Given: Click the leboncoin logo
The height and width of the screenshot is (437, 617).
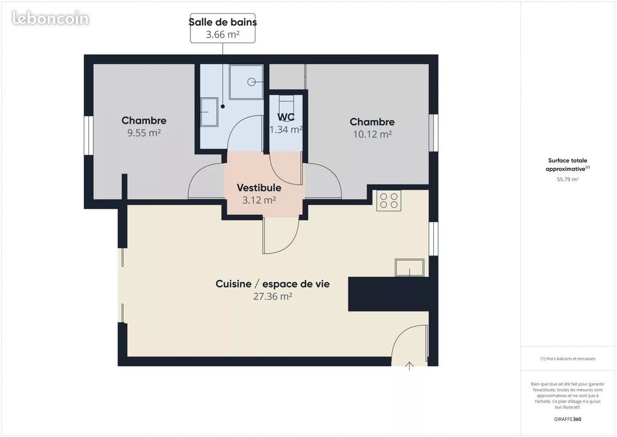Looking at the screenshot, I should point(50,18).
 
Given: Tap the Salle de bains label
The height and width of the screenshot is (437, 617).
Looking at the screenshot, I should point(223,22).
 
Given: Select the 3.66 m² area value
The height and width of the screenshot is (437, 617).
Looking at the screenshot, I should point(223,35).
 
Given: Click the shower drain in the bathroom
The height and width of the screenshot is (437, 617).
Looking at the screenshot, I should point(251,82).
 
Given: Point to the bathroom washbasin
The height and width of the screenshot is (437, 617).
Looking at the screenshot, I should point(209,112).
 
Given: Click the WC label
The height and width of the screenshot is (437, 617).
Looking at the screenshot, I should point(286,117).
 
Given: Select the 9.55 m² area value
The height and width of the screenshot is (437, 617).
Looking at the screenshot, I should point(144,133).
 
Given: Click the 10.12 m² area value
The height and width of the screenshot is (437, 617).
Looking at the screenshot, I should point(372,134).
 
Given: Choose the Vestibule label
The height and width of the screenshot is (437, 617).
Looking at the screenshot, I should point(259,188).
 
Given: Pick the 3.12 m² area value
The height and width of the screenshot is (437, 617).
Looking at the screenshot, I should point(259,200).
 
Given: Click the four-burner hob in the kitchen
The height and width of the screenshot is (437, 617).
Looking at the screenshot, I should point(388,200).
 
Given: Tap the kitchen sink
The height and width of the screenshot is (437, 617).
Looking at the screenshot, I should point(409,268).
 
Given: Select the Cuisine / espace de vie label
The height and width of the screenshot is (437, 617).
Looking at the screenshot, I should point(272,284).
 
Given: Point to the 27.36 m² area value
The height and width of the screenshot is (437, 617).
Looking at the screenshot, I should point(272,297).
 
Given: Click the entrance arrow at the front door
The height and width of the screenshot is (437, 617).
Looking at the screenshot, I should point(409,365).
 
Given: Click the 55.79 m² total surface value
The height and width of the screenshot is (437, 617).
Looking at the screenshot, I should point(567,179).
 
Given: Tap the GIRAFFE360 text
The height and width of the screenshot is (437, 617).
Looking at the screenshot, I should point(567,420).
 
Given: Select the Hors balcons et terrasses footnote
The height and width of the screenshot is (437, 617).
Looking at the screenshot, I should point(567,359).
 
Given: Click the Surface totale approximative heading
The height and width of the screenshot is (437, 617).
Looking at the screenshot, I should point(567,164).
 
